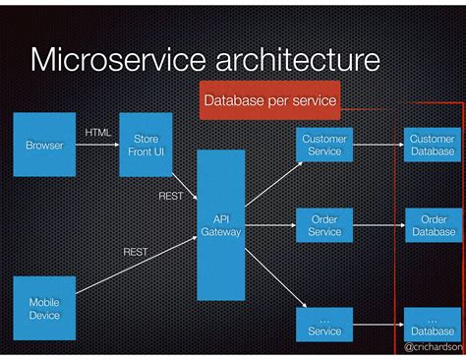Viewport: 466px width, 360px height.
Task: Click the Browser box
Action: tap(44, 146)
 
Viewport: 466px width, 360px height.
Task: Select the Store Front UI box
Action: tap(146, 146)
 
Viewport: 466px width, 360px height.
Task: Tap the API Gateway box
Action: tap(220, 225)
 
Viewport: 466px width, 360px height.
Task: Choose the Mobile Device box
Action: tap(44, 309)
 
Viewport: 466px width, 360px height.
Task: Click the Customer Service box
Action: tap(324, 146)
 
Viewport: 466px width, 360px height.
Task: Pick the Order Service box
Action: tap(324, 225)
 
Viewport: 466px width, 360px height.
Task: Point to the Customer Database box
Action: tap(433, 146)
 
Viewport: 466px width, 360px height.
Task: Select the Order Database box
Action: tap(433, 225)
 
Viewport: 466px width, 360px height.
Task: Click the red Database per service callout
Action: tap(269, 100)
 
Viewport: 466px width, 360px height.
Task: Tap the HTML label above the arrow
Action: tap(98, 132)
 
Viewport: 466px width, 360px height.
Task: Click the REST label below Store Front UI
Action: tap(171, 196)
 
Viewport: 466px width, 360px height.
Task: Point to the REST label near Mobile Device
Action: tap(136, 252)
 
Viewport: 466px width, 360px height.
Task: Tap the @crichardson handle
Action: tap(434, 348)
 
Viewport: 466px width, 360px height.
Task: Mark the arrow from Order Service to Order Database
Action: tap(379, 225)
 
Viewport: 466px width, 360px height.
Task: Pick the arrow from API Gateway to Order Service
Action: tap(270, 225)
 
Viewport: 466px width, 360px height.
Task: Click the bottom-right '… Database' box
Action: tap(433, 326)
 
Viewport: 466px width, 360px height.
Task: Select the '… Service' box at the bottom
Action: tap(324, 326)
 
